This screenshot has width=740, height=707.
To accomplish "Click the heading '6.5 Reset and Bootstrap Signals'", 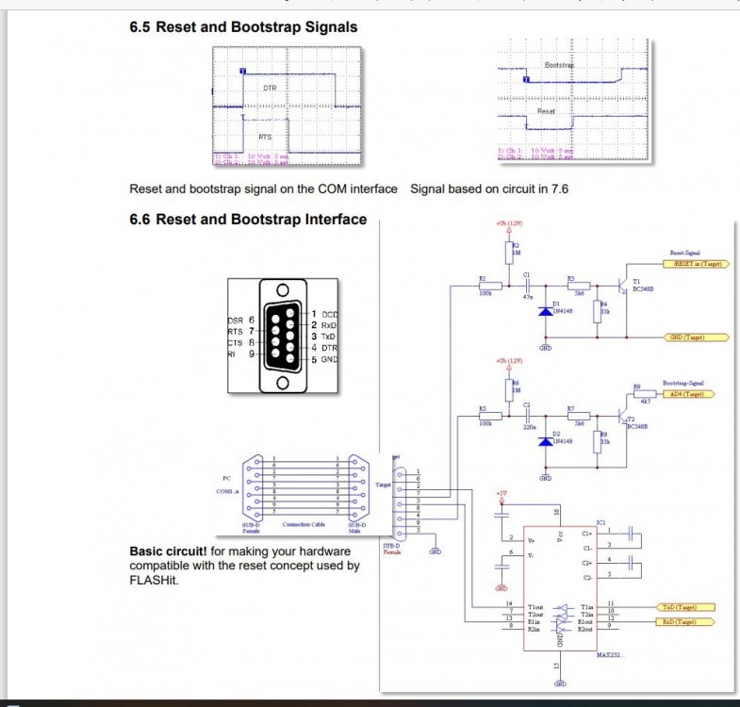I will pos(243,27).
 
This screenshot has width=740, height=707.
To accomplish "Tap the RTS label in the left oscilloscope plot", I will pos(265,137).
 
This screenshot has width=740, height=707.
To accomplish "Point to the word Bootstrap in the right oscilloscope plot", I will pos(559,65).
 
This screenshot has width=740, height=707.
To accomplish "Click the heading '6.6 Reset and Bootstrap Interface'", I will pos(248,220).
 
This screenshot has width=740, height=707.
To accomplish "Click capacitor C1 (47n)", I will pos(528,283).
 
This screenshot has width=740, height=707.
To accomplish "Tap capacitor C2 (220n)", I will pos(528,414).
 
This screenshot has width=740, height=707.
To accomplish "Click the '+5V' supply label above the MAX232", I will pos(501,492).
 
